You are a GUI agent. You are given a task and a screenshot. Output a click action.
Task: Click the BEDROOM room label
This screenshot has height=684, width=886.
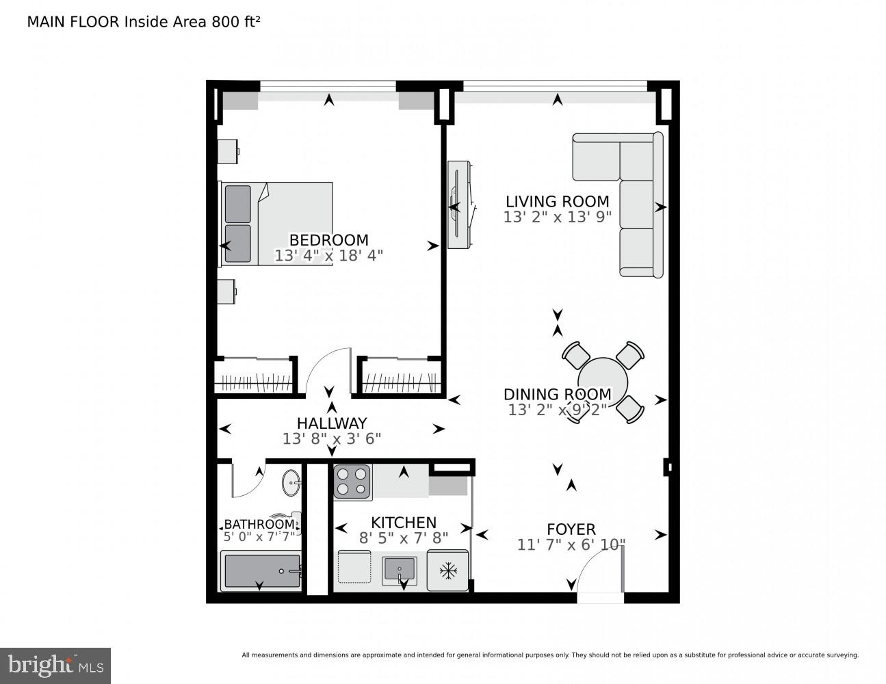pos(328,240)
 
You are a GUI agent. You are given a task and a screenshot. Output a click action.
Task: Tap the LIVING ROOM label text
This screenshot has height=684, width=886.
pos(557,201)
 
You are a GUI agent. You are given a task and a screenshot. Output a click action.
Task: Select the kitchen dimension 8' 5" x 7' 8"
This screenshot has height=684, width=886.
pos(404,538)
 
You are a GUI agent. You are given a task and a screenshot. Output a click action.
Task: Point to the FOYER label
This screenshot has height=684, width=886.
pos(571,529)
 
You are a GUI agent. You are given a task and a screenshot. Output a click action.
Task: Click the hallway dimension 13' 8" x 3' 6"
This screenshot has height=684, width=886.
pos(331,438)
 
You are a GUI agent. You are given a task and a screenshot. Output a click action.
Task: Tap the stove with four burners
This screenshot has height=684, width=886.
pos(352,482)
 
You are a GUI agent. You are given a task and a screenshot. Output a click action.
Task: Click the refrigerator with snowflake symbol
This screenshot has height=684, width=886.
pos(447,570)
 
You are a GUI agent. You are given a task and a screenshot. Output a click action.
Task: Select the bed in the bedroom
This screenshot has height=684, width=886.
pos(276,224)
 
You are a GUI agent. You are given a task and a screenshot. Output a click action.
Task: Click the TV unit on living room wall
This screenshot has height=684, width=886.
pos(458,205)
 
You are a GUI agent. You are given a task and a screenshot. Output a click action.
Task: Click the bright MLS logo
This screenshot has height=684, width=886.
pos(55,666)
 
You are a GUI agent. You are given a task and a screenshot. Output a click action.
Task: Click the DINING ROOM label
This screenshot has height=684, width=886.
pos(557,394)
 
